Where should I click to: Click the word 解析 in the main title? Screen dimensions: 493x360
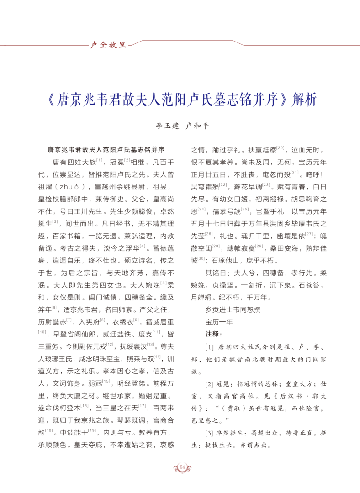(305, 100)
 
